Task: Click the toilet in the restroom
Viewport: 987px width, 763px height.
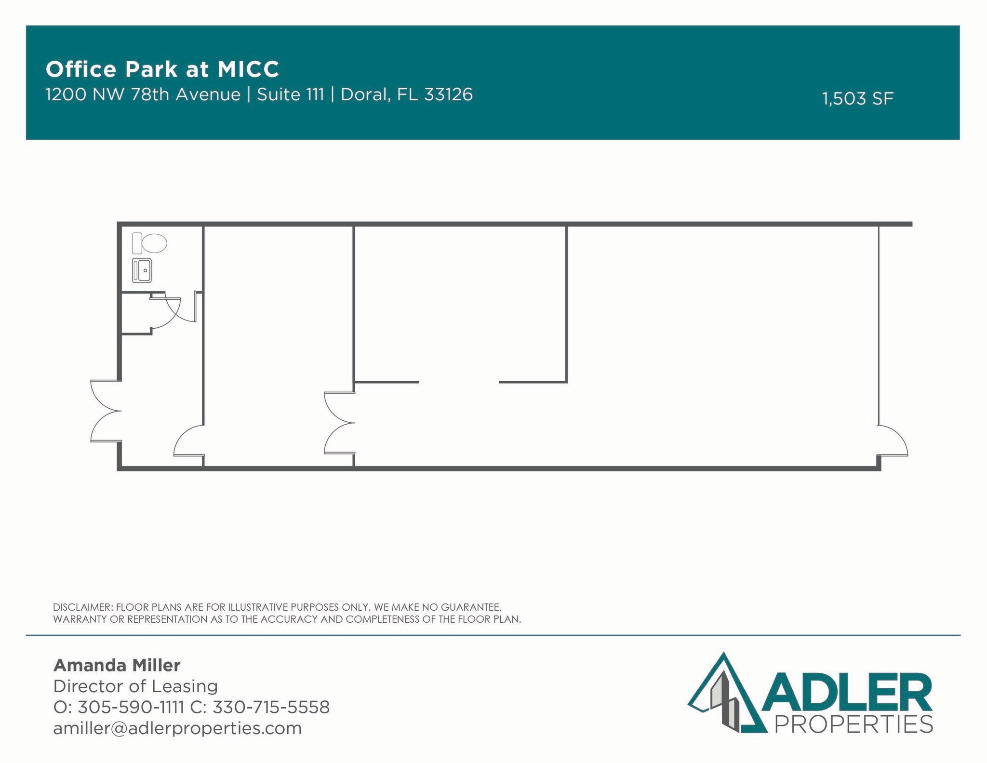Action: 149,243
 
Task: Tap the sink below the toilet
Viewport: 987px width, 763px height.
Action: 142,270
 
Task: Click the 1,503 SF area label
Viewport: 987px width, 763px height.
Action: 857,99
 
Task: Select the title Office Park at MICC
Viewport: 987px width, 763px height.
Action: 162,69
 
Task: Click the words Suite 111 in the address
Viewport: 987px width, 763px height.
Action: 290,94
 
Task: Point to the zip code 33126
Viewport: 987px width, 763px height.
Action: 448,94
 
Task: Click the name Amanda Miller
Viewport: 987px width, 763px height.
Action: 117,665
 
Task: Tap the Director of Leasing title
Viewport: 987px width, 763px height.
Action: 135,686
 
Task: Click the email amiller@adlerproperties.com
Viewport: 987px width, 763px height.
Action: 177,728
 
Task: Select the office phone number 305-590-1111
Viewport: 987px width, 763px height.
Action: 131,707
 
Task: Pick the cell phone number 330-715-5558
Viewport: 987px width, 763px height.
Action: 271,707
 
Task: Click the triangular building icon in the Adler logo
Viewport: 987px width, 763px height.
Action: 723,694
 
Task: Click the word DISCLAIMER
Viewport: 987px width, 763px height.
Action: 81,607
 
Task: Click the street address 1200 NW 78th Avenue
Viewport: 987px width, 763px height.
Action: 143,94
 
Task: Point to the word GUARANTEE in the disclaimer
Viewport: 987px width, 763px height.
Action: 471,607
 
